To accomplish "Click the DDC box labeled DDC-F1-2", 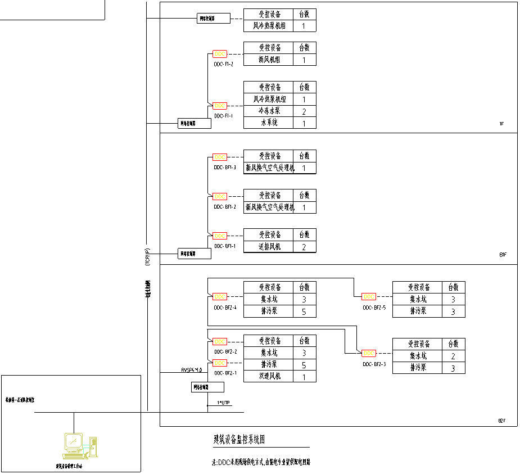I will pyautogui.click(x=220, y=54).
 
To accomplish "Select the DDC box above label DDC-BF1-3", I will pyautogui.click(x=220, y=157).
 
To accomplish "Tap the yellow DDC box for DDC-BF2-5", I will pyautogui.click(x=369, y=296).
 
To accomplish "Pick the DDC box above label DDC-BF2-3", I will pyautogui.click(x=369, y=353).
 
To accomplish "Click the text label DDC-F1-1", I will pyautogui.click(x=223, y=116).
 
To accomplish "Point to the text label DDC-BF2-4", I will pyautogui.click(x=225, y=308).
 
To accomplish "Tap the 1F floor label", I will pyautogui.click(x=501, y=124).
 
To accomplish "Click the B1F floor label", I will pyautogui.click(x=503, y=255).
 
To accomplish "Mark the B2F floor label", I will pyautogui.click(x=502, y=421).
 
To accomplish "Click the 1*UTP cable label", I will pyautogui.click(x=223, y=403).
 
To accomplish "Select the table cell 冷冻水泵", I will pyautogui.click(x=268, y=111).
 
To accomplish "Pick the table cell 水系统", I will pyautogui.click(x=268, y=123).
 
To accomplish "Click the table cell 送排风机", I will pyautogui.click(x=268, y=247).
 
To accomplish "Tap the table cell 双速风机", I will pyautogui.click(x=268, y=377).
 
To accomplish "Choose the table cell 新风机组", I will pyautogui.click(x=268, y=60).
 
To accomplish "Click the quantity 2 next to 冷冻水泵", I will pyautogui.click(x=304, y=111).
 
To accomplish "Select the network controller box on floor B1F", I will pyautogui.click(x=195, y=254).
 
